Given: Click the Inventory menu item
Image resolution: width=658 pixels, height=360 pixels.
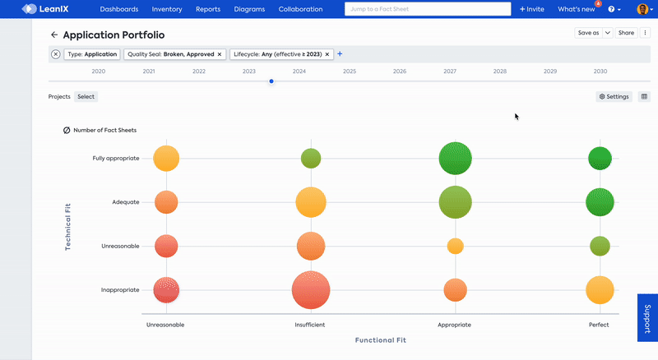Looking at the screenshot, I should click(167, 9).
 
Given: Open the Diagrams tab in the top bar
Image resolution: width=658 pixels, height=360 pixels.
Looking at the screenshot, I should click(248, 9).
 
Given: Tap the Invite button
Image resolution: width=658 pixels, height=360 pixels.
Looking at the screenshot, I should click(532, 9).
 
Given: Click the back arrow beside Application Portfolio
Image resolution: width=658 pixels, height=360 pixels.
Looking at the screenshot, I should click(54, 35).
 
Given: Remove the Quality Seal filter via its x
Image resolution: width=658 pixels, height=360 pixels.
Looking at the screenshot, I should click(220, 54).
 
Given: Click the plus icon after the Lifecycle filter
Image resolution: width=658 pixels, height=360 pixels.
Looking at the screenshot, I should click(340, 54).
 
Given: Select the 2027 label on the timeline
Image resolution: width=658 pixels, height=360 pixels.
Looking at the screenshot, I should click(450, 72).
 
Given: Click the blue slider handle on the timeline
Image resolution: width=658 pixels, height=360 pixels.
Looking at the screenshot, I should click(271, 81).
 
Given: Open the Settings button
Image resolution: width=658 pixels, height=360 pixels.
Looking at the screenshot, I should click(614, 97).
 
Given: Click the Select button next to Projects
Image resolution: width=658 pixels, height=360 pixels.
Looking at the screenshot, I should click(86, 97).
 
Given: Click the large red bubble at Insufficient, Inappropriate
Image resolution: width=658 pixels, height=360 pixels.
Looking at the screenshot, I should click(311, 290).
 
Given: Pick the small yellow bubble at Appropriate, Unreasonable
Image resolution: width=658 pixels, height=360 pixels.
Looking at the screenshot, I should click(455, 246).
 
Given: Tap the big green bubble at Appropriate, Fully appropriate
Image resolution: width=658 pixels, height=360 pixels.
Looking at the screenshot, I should click(455, 159).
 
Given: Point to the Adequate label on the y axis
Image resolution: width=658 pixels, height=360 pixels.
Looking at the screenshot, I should click(125, 202).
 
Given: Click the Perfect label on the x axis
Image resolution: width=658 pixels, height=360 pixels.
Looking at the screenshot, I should click(599, 325).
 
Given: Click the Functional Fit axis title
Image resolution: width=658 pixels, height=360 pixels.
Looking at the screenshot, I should click(380, 340).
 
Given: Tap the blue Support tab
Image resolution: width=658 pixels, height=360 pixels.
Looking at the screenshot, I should click(647, 317).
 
